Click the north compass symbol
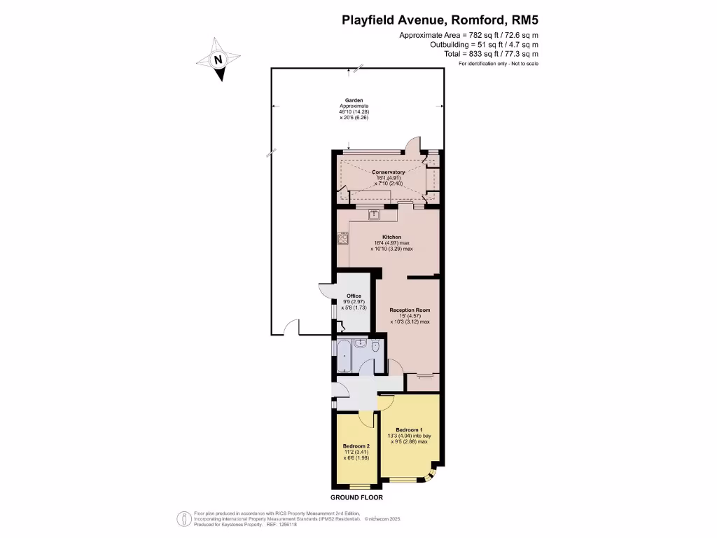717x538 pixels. pos(219,60)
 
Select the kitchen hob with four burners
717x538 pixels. pos(343,238)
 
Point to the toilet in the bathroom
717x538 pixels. pos(376,347)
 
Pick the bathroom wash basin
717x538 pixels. pos(360,343)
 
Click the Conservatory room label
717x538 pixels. pos(388,172)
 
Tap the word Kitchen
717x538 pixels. pos(391,237)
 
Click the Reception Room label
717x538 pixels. pos(410,310)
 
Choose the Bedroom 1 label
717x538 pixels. pos(409,429)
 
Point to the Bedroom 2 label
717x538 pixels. pos(356,446)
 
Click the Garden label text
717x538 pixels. pos(354,100)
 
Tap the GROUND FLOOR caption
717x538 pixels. pos(357,497)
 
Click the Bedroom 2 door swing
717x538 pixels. pos(366,418)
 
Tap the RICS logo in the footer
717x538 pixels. pos(183,519)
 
